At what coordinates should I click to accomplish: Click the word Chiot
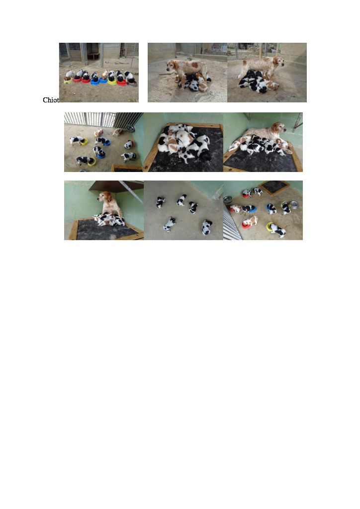pos(51,100)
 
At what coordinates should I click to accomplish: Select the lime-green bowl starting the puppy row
pos(68,81)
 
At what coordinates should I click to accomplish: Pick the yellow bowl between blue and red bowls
pos(112,82)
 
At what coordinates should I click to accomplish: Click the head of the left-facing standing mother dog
pos(172,65)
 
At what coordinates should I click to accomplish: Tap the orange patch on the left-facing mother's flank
pos(194,65)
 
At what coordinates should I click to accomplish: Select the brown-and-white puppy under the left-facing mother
pos(202,85)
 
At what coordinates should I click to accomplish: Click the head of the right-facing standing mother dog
pos(278,61)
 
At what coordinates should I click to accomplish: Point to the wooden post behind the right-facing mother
pos(260,50)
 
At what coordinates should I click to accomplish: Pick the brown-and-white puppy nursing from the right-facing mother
pos(271,85)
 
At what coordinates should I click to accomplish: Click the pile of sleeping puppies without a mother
pos(184,143)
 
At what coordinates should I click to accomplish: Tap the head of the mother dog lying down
pos(279,127)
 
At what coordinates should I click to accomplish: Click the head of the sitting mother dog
pos(104,197)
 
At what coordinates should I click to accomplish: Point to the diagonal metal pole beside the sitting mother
pos(131,192)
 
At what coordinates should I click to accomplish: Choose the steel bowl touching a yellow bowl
pos(293,204)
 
